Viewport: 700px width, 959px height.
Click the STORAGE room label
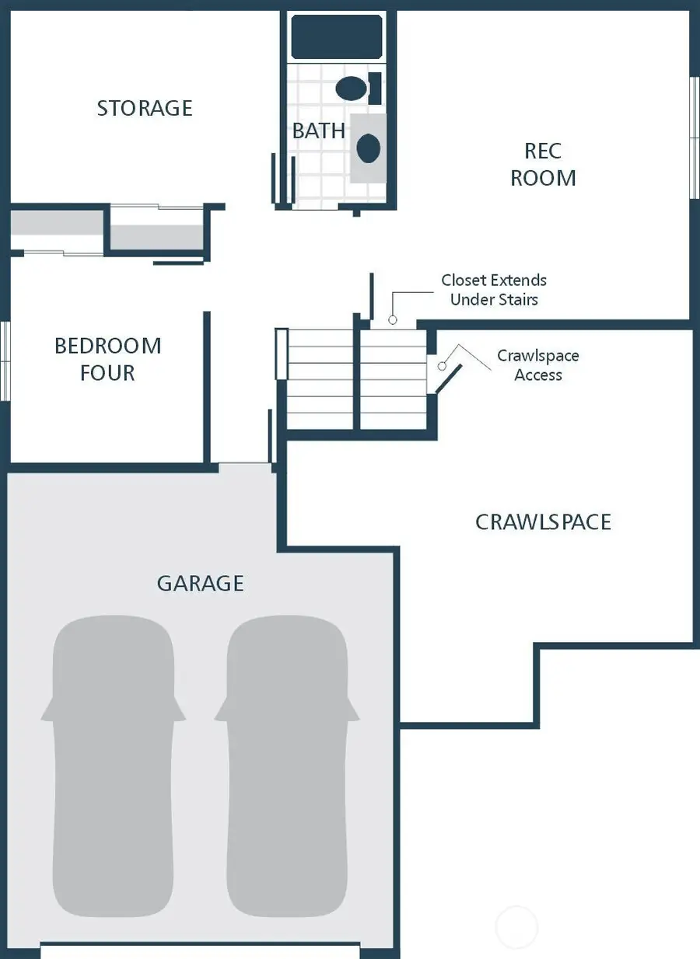click(x=145, y=108)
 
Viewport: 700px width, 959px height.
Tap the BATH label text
click(x=319, y=131)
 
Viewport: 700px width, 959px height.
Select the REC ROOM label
click(x=543, y=164)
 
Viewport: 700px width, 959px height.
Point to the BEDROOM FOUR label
click(x=107, y=359)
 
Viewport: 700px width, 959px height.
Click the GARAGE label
click(x=201, y=583)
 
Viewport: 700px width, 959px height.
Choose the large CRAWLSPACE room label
click(x=543, y=521)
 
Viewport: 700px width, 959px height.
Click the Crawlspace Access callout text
click(x=538, y=365)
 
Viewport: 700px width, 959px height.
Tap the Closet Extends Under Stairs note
click(x=494, y=289)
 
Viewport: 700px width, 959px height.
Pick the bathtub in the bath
click(x=337, y=37)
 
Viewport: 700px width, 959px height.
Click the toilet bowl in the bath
click(x=352, y=88)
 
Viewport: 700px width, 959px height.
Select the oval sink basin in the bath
click(x=368, y=148)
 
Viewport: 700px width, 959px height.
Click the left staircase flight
click(x=320, y=378)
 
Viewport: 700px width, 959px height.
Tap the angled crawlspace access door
click(x=447, y=378)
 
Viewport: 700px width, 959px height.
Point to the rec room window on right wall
click(x=694, y=138)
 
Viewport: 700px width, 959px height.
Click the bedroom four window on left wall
click(x=5, y=361)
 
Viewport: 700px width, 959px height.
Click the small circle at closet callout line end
click(x=393, y=319)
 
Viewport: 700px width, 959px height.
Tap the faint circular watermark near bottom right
click(x=516, y=926)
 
